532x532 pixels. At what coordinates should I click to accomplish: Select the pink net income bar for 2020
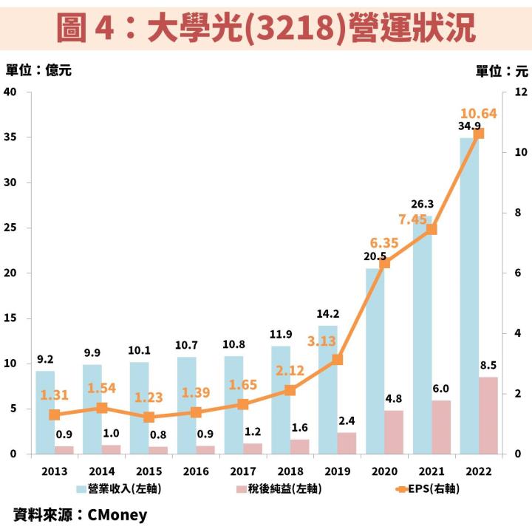pyautogui.click(x=394, y=432)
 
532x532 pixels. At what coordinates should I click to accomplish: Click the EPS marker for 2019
pyautogui.click(x=337, y=360)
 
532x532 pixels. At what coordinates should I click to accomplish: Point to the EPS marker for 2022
pyautogui.click(x=479, y=134)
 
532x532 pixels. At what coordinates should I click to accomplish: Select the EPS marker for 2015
pyautogui.click(x=149, y=417)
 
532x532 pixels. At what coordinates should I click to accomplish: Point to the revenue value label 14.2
pyautogui.click(x=328, y=313)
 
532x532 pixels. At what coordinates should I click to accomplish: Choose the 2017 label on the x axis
pyautogui.click(x=243, y=471)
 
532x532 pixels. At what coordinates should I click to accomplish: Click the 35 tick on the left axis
pyautogui.click(x=10, y=137)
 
